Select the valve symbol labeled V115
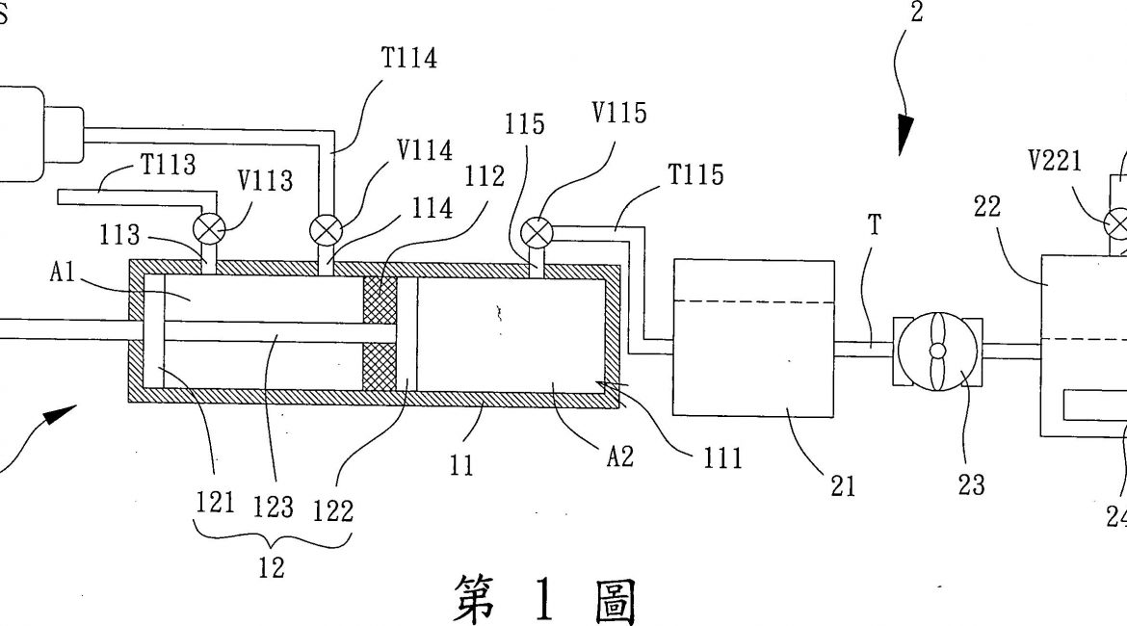point(534,232)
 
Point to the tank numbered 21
point(753,337)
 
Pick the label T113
point(169,165)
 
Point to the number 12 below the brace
point(273,567)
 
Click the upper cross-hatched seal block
point(380,299)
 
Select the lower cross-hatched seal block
point(380,366)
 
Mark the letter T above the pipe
point(874,225)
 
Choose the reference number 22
point(987,206)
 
